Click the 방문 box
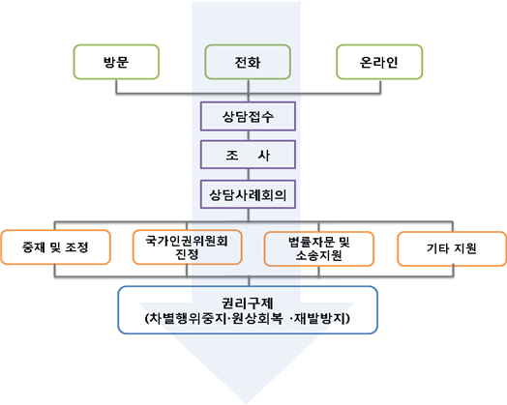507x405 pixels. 116,62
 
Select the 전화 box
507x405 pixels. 248,62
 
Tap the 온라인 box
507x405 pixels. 379,62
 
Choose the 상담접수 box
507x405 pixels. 248,116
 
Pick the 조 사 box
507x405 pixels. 248,155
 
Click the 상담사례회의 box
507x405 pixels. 248,194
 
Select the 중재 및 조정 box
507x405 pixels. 55,247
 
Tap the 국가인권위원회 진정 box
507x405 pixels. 187,247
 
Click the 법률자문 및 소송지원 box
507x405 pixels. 319,248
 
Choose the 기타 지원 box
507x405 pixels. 452,248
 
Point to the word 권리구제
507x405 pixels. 248,304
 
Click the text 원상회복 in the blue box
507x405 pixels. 257,319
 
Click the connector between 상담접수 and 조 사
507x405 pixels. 249,135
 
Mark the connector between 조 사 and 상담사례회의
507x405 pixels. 249,174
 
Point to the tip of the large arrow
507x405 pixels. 247,403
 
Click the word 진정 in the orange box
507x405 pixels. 187,254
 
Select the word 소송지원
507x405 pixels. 319,255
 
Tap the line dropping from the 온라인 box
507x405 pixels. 380,87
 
